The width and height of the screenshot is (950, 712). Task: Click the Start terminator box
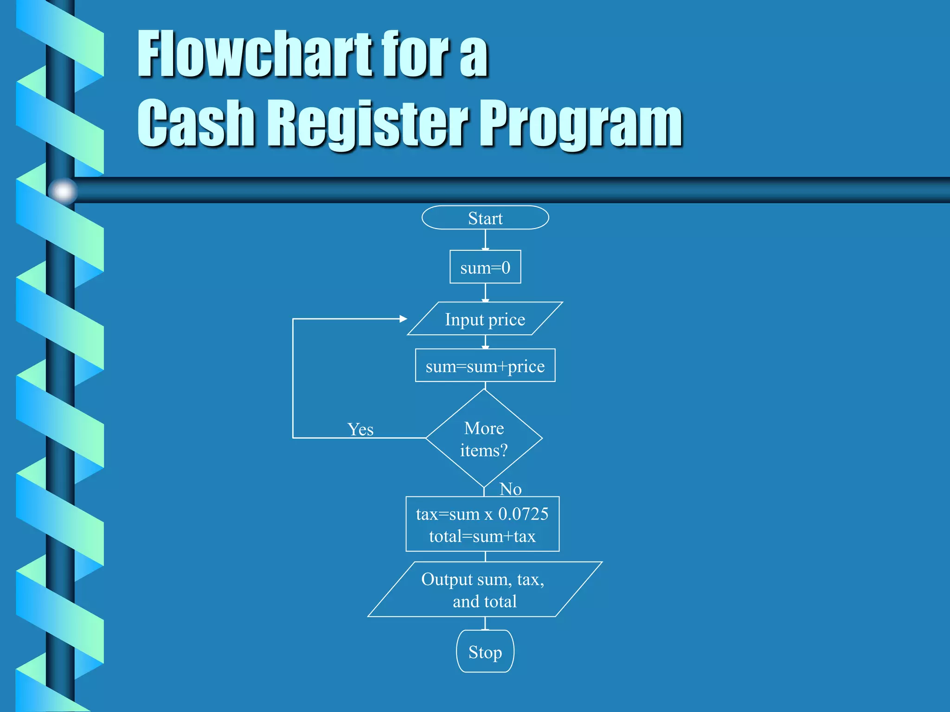pyautogui.click(x=485, y=218)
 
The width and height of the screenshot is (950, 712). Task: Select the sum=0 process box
pyautogui.click(x=485, y=267)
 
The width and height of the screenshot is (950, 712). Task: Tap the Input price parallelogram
pyautogui.click(x=485, y=319)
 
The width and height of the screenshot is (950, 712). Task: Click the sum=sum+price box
pyautogui.click(x=485, y=366)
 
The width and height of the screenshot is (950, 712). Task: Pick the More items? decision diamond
pyautogui.click(x=484, y=439)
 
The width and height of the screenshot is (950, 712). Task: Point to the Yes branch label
pyautogui.click(x=360, y=429)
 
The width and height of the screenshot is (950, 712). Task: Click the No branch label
pyautogui.click(x=511, y=489)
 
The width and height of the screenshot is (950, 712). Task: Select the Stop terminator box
pyautogui.click(x=485, y=652)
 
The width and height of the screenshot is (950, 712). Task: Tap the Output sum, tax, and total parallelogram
pyautogui.click(x=484, y=590)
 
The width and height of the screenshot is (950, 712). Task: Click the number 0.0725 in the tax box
pyautogui.click(x=523, y=514)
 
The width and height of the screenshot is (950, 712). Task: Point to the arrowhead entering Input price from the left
pyautogui.click(x=403, y=319)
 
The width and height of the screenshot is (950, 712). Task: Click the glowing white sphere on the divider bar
pyautogui.click(x=63, y=191)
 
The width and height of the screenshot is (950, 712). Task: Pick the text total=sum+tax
pyautogui.click(x=482, y=536)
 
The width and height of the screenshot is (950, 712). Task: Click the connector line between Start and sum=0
pyautogui.click(x=485, y=240)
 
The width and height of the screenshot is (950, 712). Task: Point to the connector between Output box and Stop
pyautogui.click(x=485, y=623)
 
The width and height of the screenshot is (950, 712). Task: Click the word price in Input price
pyautogui.click(x=507, y=320)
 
